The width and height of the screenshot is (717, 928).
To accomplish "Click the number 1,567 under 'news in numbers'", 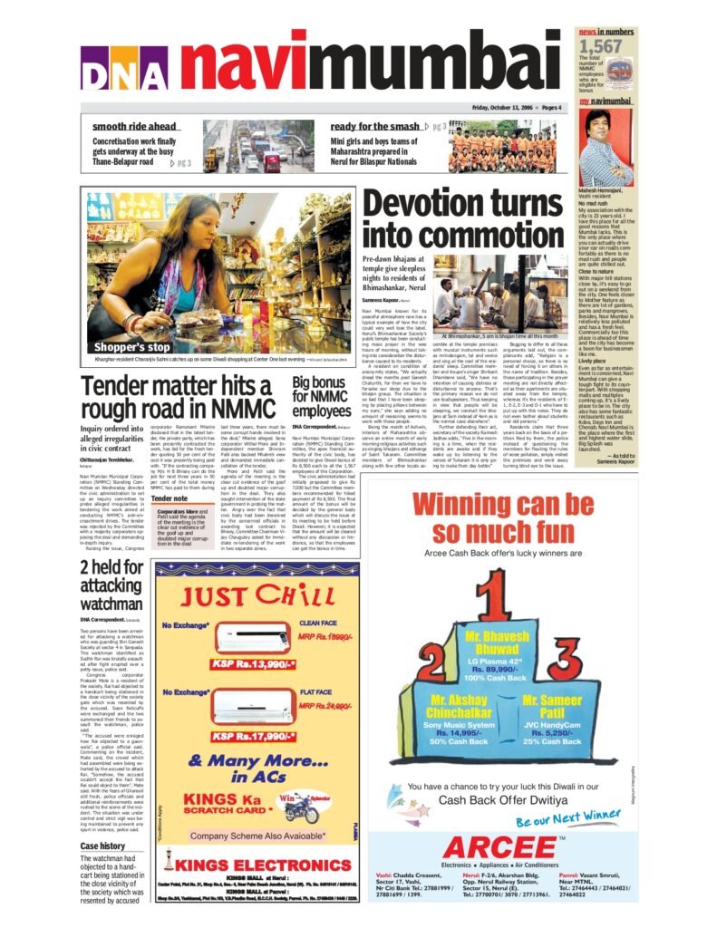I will [600, 46].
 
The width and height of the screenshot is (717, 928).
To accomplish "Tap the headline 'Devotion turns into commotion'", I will [466, 218].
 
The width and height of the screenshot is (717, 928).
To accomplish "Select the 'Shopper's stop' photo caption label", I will [132, 347].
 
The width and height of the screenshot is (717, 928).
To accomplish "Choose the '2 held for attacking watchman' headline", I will [111, 585].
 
